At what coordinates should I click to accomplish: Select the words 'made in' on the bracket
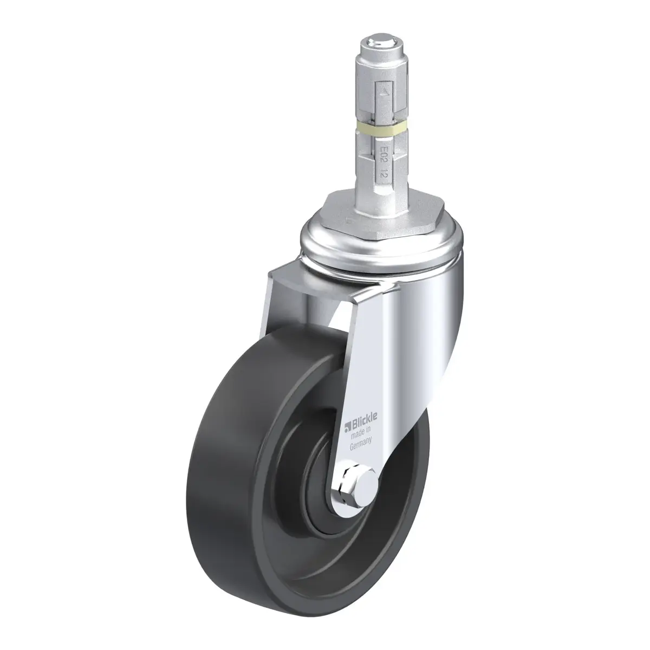pos(361,432)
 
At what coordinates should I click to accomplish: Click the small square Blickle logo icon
pos(347,429)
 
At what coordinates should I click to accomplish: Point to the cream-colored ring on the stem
pos(382,129)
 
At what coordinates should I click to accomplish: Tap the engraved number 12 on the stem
pos(383,174)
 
